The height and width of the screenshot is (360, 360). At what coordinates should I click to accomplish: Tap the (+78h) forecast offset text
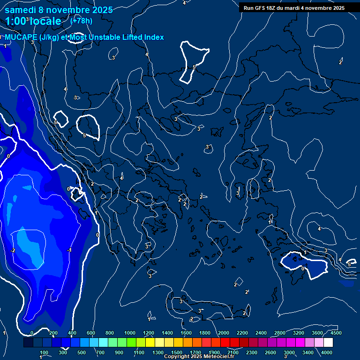[x=81, y=21]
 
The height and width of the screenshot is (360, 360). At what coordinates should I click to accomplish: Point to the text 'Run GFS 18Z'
[x=259, y=8]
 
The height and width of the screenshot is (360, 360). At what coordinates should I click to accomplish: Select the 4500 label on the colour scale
[x=336, y=333]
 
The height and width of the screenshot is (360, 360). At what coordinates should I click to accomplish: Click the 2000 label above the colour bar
[x=224, y=333]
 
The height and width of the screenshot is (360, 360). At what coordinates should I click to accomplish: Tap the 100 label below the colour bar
[x=45, y=352]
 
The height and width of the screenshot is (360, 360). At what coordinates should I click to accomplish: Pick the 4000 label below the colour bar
[x=327, y=352]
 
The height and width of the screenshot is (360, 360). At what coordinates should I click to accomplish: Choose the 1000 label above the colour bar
[x=130, y=333]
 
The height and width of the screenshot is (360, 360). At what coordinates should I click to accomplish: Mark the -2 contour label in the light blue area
[x=13, y=250]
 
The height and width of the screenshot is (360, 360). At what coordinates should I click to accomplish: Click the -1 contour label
[x=69, y=250]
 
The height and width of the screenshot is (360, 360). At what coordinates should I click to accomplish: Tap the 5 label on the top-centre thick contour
[x=194, y=67]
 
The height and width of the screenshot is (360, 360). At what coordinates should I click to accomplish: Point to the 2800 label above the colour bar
[x=280, y=333]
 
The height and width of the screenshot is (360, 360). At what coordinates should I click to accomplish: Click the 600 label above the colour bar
[x=91, y=333]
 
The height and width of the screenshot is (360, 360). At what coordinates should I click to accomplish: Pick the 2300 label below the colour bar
[x=252, y=352]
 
